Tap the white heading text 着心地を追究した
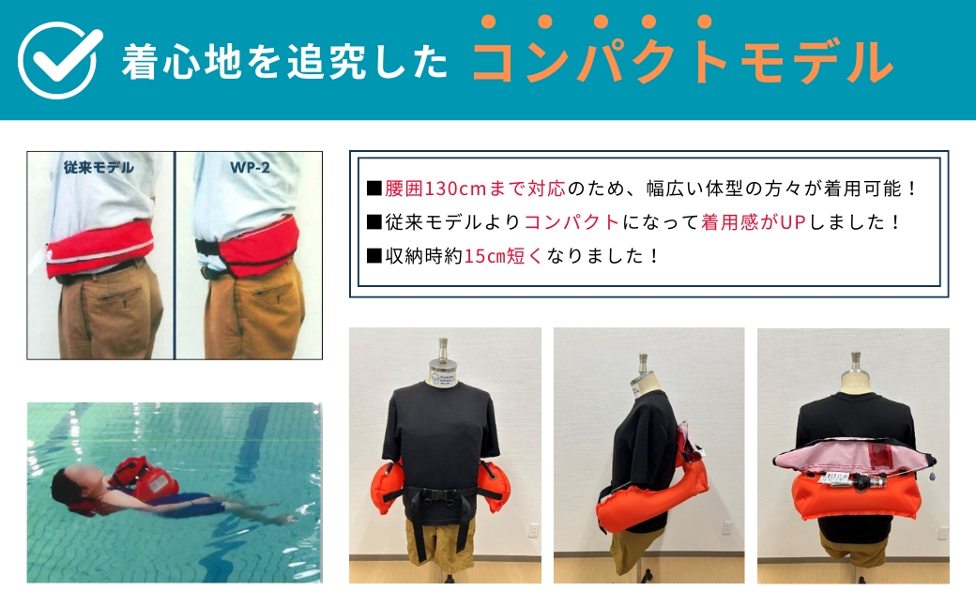click(283, 62)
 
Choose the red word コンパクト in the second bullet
click(572, 222)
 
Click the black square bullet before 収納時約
click(374, 255)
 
